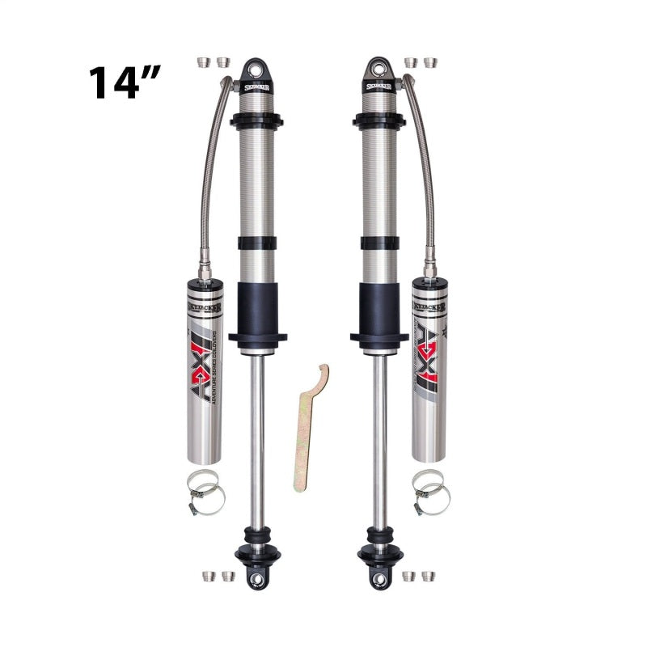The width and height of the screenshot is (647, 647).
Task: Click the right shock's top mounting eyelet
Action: pos(378,66)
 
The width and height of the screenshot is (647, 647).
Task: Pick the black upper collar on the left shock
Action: pos(256,121)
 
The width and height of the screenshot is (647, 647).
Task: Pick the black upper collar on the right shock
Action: pos(378,121)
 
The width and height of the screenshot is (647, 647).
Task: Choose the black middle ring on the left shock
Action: pos(256,242)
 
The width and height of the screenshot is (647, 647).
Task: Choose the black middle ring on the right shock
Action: pos(378,242)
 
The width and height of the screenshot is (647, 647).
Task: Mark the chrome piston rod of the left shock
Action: pos(256,437)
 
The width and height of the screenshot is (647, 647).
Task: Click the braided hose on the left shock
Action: pos(212,178)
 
